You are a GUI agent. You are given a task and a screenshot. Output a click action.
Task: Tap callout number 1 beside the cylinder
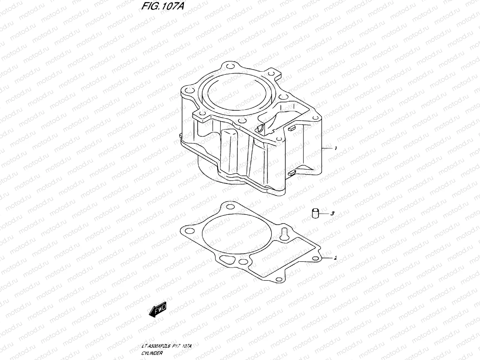pyautogui.click(x=336, y=148)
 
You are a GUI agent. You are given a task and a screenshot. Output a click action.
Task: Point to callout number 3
pyautogui.click(x=332, y=214)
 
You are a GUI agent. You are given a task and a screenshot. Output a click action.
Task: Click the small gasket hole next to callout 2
pyautogui.click(x=315, y=259)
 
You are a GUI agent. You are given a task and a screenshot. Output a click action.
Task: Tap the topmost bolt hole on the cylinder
pyautogui.click(x=229, y=67)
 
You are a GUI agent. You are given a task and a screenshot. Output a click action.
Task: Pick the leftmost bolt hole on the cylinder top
pyautogui.click(x=188, y=90)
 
